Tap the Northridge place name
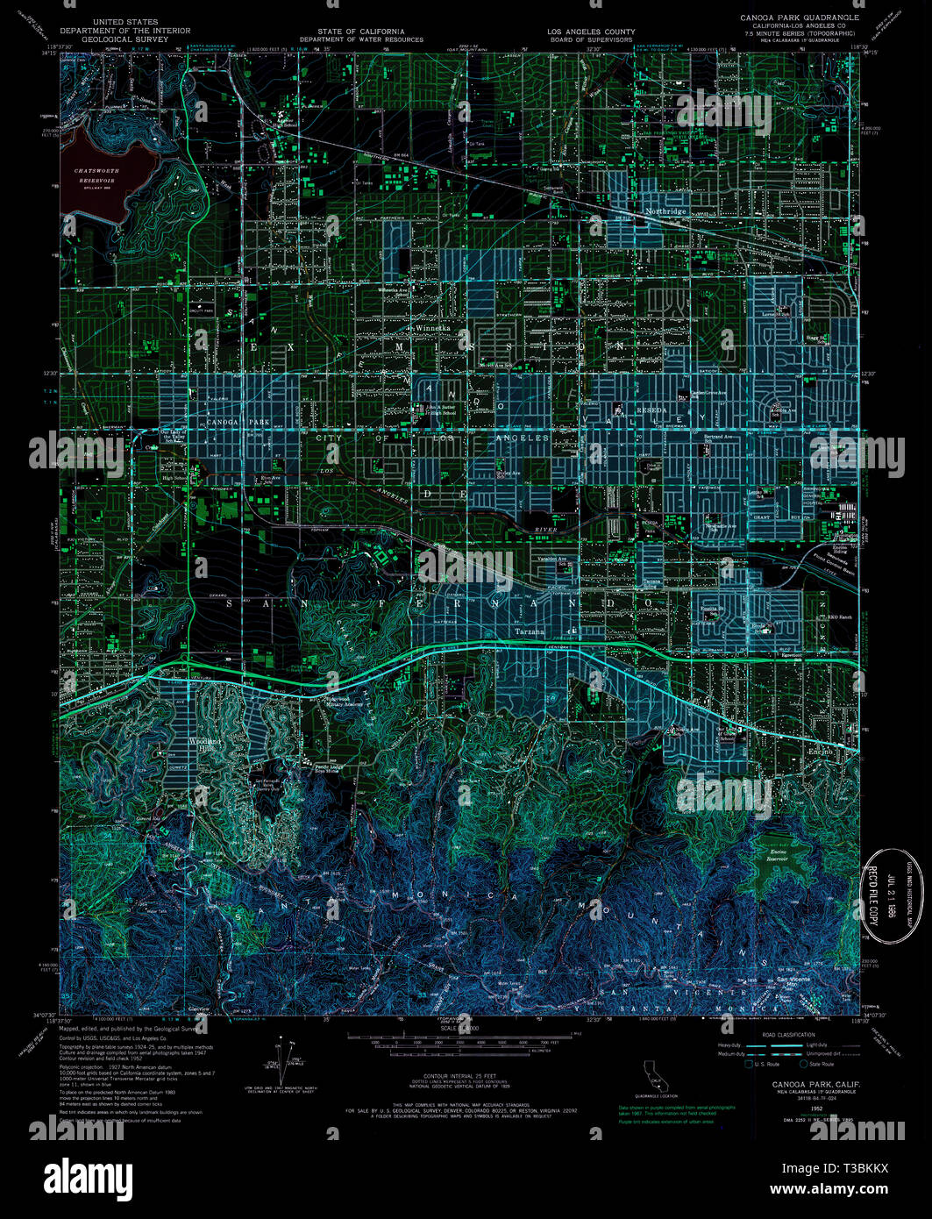tap(665, 211)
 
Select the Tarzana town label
tap(529, 631)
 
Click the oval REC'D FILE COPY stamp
tap(886, 894)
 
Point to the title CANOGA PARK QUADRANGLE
tap(800, 18)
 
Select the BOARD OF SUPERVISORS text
tap(591, 39)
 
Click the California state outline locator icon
tap(652, 1073)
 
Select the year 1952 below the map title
tap(815, 1108)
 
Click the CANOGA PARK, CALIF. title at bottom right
tap(815, 1085)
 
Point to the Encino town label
tap(822, 752)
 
